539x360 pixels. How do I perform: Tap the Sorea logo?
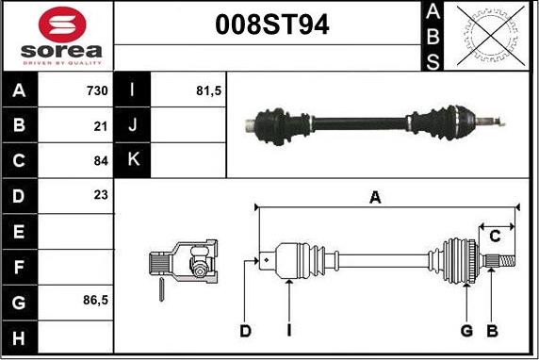(57, 35)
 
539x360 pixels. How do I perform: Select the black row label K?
(133, 158)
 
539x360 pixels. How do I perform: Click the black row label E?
(20, 231)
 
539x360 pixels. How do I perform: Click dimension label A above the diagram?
(375, 197)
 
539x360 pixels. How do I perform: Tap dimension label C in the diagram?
(494, 236)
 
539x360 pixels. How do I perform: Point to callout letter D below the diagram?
(245, 330)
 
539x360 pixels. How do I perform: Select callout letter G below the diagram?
(465, 330)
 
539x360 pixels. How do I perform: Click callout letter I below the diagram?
(288, 330)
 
